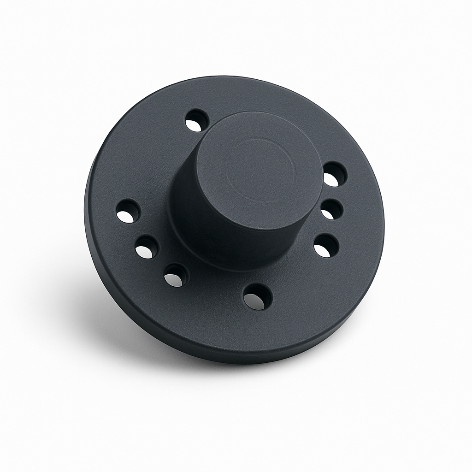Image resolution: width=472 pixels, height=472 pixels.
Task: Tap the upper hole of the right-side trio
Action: click(x=334, y=175)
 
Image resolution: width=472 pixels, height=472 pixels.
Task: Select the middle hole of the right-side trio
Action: click(x=331, y=210)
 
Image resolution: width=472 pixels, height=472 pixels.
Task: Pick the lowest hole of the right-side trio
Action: click(x=326, y=245)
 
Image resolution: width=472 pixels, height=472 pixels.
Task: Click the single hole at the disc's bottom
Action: click(x=257, y=296)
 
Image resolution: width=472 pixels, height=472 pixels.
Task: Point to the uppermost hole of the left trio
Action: click(x=128, y=211)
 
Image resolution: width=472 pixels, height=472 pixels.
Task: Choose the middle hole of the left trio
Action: click(x=147, y=247)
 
